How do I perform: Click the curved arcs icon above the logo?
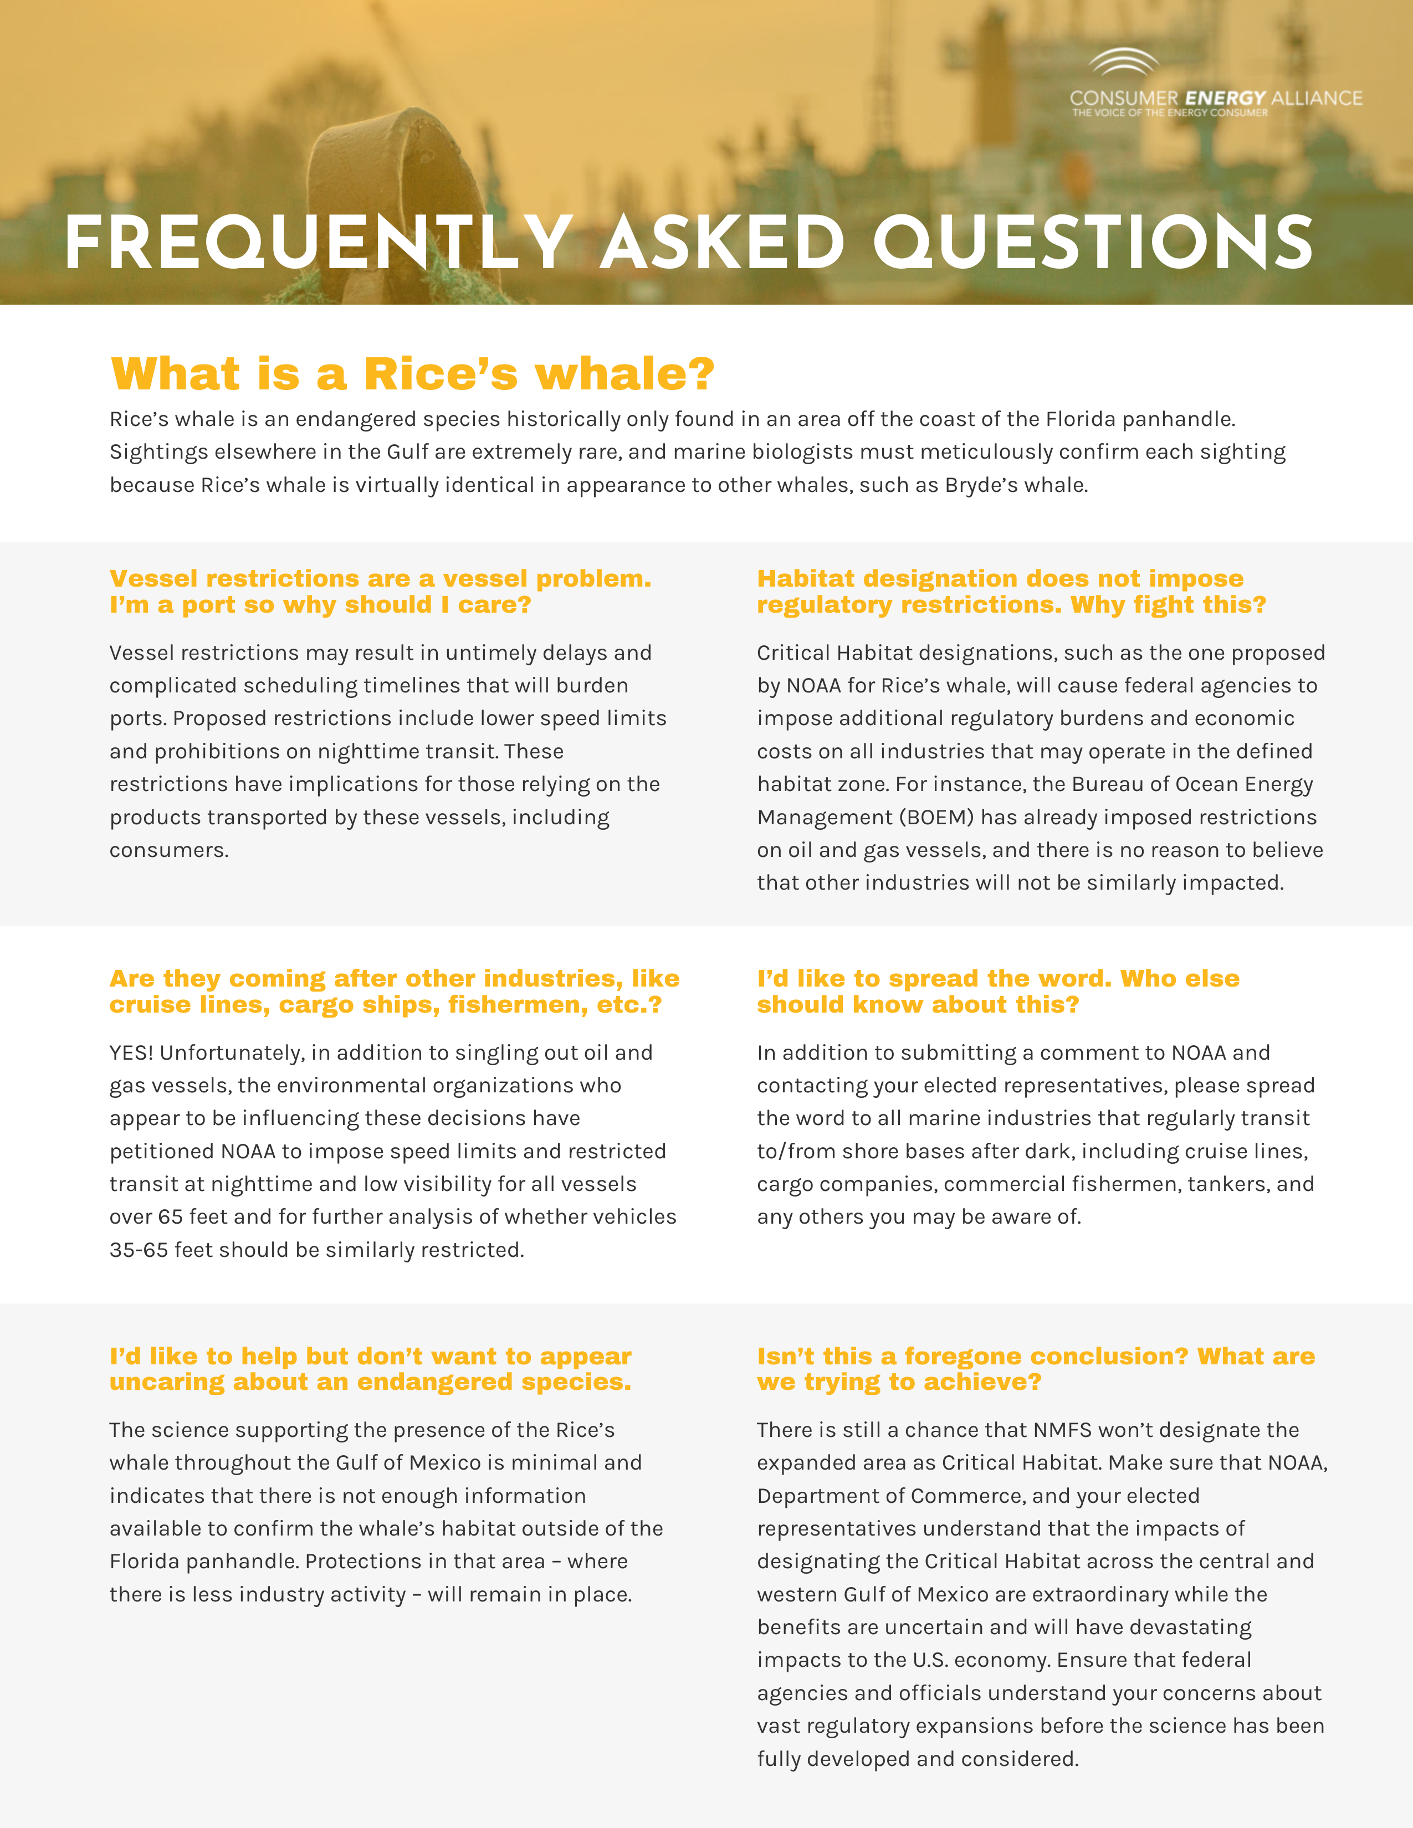pyautogui.click(x=1123, y=63)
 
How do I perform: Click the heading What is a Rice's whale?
pyautogui.click(x=413, y=373)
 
